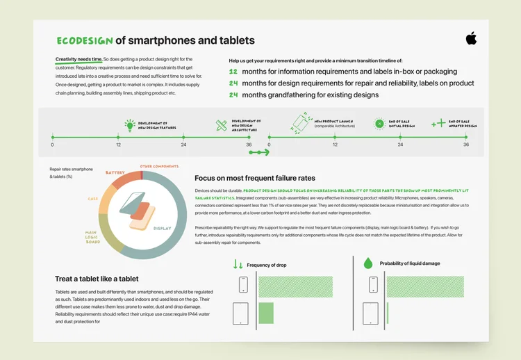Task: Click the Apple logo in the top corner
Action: click(x=471, y=38)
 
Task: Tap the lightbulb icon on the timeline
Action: click(x=129, y=125)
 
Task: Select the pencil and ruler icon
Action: click(x=221, y=125)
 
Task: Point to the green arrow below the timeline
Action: click(x=258, y=152)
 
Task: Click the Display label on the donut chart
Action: click(x=162, y=228)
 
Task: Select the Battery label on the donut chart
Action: click(x=115, y=172)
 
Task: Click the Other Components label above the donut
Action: click(x=160, y=166)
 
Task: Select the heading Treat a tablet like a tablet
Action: click(x=101, y=279)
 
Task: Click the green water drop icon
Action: click(x=368, y=263)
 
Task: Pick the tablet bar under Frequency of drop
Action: click(x=266, y=312)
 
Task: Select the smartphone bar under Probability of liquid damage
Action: click(x=424, y=286)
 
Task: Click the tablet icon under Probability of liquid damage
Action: click(x=371, y=312)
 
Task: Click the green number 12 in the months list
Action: click(x=233, y=72)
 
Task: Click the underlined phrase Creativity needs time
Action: click(x=78, y=60)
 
